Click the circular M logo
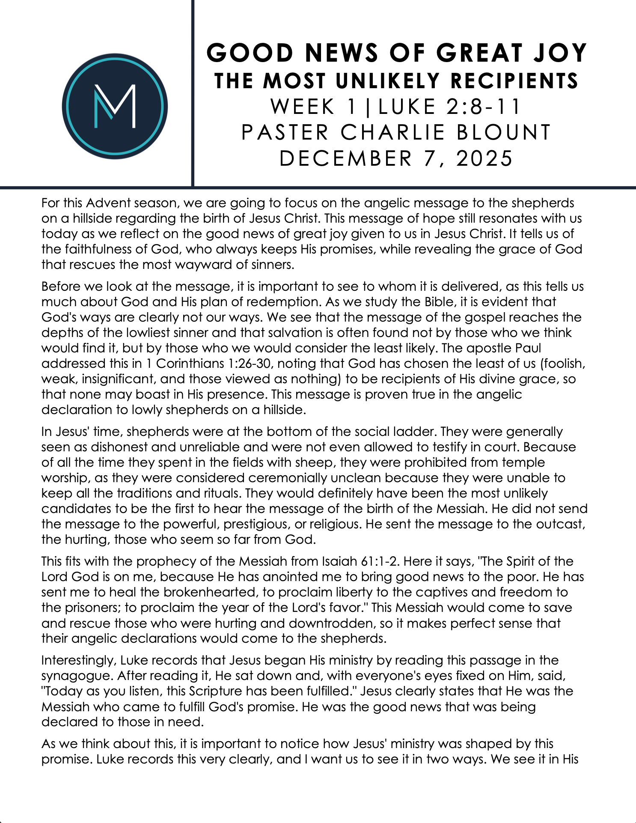[x=115, y=106]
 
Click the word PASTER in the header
[x=285, y=132]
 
